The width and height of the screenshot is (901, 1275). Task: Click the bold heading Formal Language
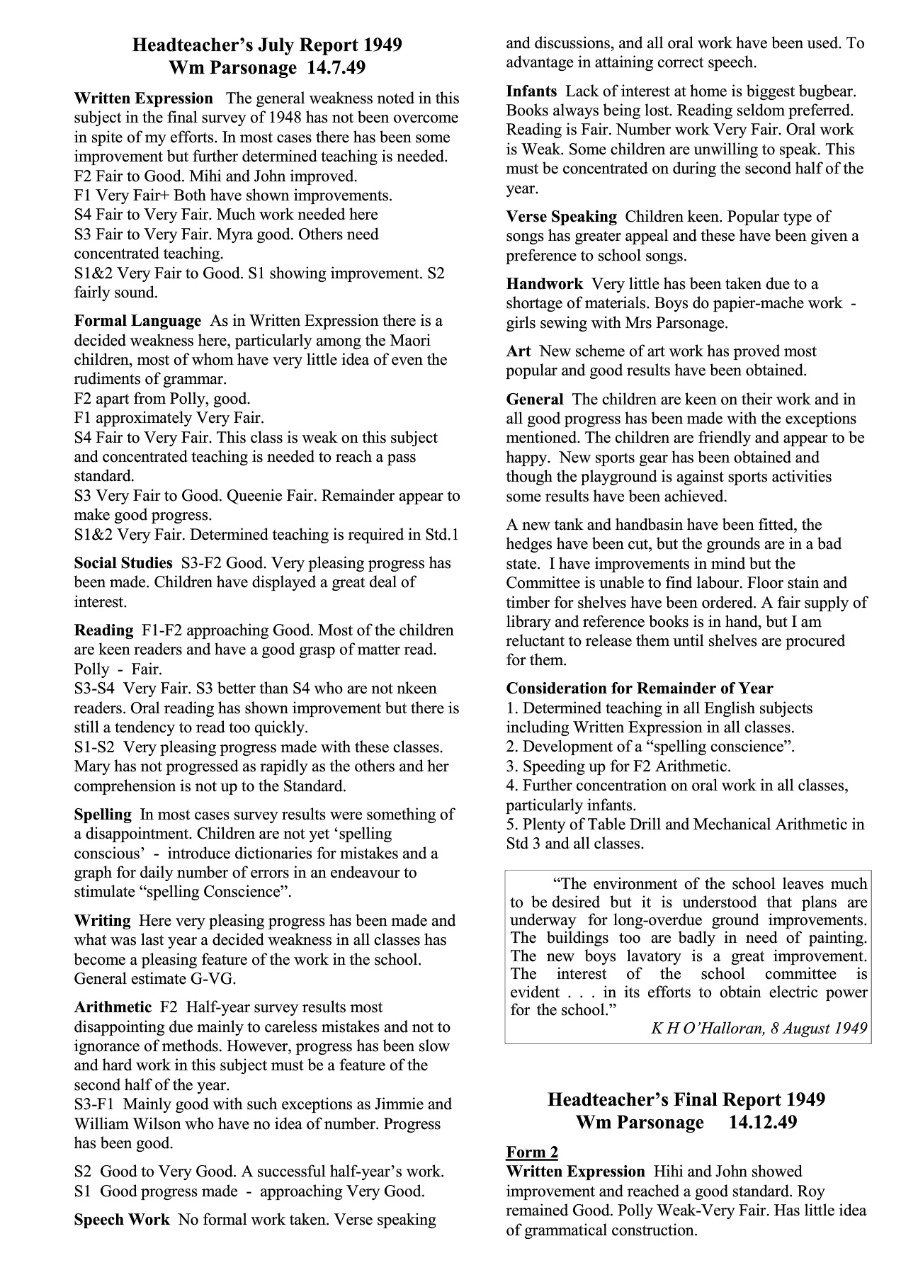[137, 321]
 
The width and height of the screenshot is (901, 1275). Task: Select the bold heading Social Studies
[123, 563]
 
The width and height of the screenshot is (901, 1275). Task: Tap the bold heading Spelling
[103, 815]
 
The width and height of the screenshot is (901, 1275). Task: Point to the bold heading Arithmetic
[113, 1007]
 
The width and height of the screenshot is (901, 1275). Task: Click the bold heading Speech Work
[122, 1219]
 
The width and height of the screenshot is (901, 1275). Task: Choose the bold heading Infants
[531, 91]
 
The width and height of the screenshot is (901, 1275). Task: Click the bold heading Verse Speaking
[561, 217]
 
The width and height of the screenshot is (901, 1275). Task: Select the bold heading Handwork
[544, 284]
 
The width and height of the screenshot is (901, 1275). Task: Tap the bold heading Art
[518, 351]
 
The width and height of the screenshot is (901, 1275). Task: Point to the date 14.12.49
[758, 1123]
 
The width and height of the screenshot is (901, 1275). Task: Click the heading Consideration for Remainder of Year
[639, 688]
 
